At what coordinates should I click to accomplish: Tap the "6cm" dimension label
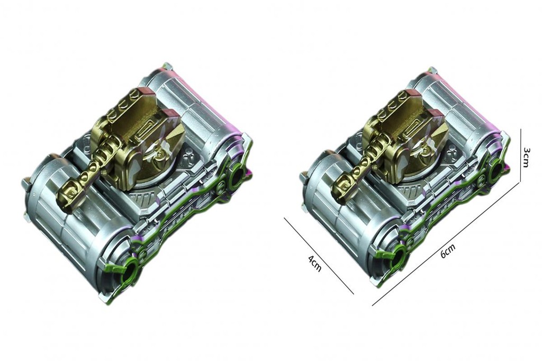448,251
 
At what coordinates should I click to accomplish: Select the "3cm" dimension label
526,157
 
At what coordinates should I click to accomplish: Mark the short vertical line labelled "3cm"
521,156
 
